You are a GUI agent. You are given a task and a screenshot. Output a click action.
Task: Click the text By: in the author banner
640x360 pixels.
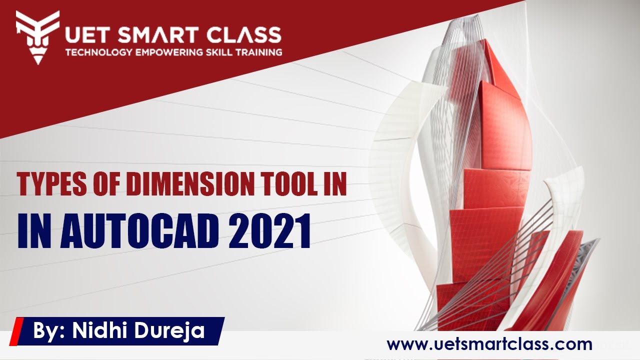(x=49, y=331)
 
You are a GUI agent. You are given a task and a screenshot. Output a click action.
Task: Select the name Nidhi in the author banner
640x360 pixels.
(x=98, y=331)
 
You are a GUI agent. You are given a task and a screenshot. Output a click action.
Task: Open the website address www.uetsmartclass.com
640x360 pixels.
(x=489, y=344)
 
